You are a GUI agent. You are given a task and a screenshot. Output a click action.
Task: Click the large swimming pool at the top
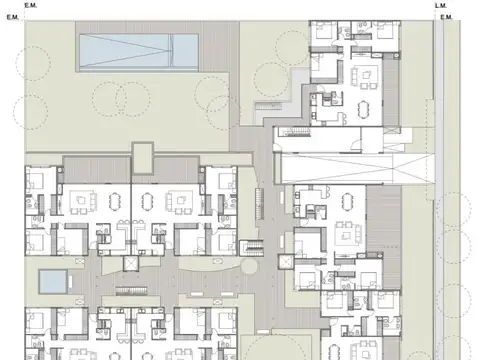click(x=139, y=47)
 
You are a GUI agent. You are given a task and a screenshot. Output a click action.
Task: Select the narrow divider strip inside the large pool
click(x=170, y=47)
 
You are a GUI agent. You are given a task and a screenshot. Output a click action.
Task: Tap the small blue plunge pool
click(x=51, y=279)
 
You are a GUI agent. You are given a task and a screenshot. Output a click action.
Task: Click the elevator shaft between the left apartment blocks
click(x=127, y=262)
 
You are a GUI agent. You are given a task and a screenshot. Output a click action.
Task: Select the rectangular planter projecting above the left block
click(x=142, y=157)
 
